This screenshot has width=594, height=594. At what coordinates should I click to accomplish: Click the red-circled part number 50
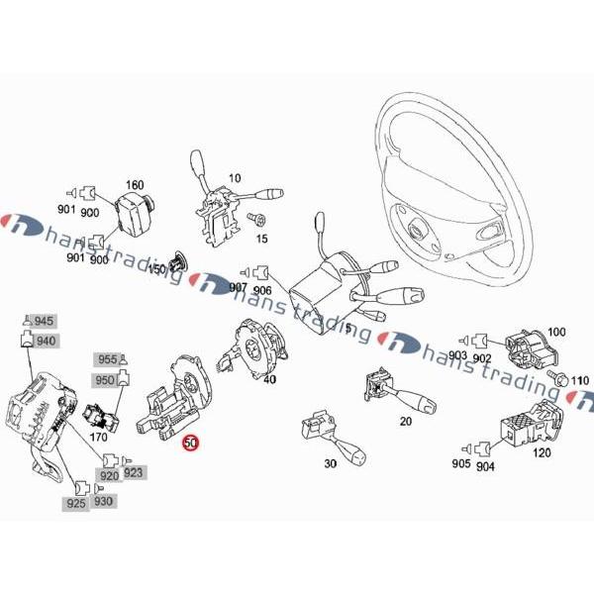(x=190, y=444)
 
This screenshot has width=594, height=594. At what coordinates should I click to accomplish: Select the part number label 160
(x=134, y=184)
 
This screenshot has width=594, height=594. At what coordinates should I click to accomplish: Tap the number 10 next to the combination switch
(x=235, y=178)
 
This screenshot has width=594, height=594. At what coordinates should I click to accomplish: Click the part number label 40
(x=269, y=378)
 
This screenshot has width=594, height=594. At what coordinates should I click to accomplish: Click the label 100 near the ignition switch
(x=555, y=332)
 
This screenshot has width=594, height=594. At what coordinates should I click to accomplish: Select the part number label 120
(x=542, y=452)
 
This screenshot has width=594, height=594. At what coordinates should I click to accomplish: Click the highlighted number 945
(x=45, y=322)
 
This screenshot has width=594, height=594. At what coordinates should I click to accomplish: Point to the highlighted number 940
(x=45, y=341)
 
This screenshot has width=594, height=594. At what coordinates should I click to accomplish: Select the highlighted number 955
(x=107, y=359)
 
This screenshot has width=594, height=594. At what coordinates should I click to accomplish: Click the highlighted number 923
(x=134, y=472)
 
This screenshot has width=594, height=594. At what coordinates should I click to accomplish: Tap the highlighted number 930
(x=103, y=502)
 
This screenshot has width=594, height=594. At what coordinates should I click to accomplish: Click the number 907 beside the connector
(x=238, y=287)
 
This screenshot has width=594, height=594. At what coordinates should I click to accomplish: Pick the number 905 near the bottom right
(x=461, y=464)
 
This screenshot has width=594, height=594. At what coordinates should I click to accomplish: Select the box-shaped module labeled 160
(x=131, y=211)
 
